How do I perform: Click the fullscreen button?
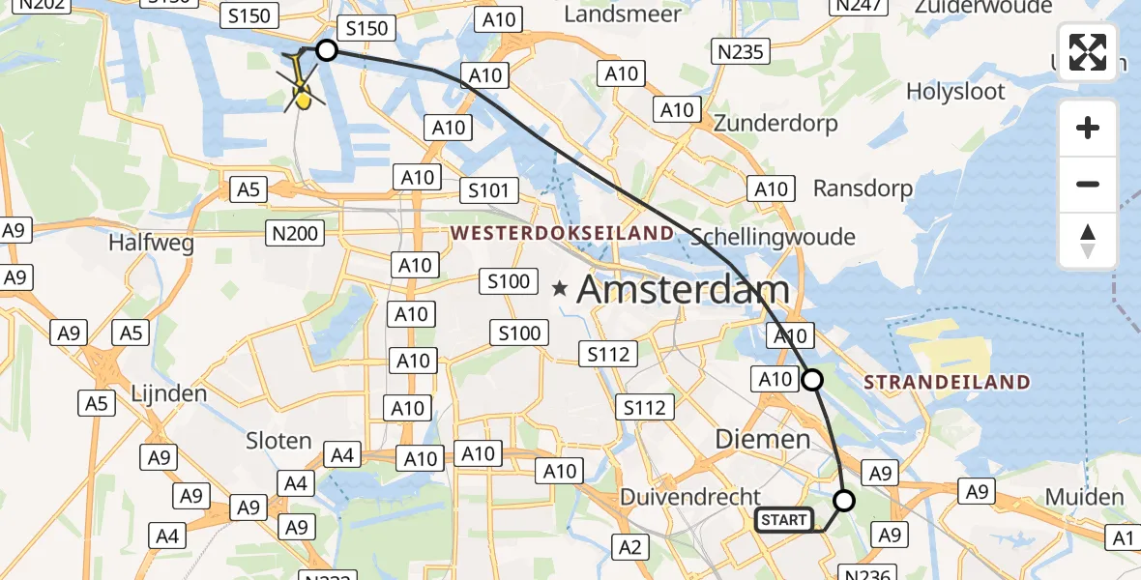pos(1088,52)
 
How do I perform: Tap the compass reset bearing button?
pos(1088,242)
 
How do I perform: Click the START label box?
pos(784,520)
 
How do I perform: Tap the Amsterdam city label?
pos(683,289)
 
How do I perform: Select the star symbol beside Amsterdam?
pos(560,288)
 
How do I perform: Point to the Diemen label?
pos(762,439)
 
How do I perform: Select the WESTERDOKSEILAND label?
pos(562,233)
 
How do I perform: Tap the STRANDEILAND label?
pos(947,382)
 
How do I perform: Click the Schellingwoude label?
pos(773,237)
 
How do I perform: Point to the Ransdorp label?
pos(863,188)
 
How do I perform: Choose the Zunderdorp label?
pos(775,124)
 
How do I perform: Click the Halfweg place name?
pos(152,243)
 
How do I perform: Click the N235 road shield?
pos(740,51)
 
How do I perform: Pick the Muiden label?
pos(1084,497)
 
